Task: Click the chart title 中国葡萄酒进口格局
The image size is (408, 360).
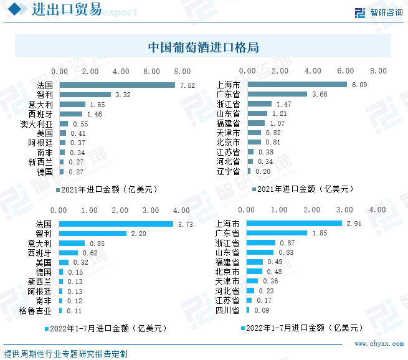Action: coord(204,47)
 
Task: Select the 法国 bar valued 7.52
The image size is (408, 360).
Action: coord(117,85)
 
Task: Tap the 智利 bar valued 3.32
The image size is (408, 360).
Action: coord(85,95)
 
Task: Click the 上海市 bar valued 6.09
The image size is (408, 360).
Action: coord(297,85)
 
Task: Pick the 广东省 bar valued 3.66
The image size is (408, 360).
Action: coord(277,95)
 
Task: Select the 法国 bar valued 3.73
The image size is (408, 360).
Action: coord(116,224)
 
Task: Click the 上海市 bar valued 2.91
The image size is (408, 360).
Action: coord(295,223)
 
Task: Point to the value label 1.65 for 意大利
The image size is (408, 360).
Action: coord(97,105)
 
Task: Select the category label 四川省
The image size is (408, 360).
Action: coord(227,310)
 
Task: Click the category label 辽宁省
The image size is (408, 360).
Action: coord(227,171)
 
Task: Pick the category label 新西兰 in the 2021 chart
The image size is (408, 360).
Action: coord(40,162)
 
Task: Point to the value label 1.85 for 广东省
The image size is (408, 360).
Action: coord(319,233)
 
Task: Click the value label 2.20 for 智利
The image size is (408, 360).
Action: coord(137,233)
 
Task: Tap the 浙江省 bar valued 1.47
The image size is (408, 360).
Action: coord(260,104)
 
